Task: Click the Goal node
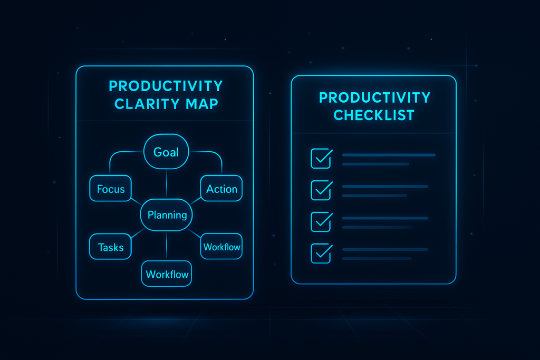pyautogui.click(x=166, y=151)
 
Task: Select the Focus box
pyautogui.click(x=110, y=188)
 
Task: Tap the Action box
pyautogui.click(x=221, y=188)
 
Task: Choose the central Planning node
pyautogui.click(x=166, y=215)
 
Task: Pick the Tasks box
pyautogui.click(x=110, y=247)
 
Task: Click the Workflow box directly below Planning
pyautogui.click(x=166, y=274)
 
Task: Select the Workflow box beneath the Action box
pyautogui.click(x=221, y=247)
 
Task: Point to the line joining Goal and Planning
pyautogui.click(x=166, y=184)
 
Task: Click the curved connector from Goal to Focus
pyautogui.click(x=117, y=153)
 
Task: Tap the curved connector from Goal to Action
pyautogui.click(x=215, y=153)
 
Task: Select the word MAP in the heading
pyautogui.click(x=202, y=104)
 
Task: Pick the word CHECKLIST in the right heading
pyautogui.click(x=374, y=115)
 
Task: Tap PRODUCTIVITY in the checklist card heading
pyautogui.click(x=375, y=98)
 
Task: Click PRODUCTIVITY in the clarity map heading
pyautogui.click(x=166, y=86)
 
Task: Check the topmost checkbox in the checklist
pyautogui.click(x=321, y=158)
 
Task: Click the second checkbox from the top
pyautogui.click(x=321, y=190)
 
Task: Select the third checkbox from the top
pyautogui.click(x=321, y=222)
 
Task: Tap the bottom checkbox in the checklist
pyautogui.click(x=321, y=254)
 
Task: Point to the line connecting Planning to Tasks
pyautogui.click(x=138, y=233)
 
